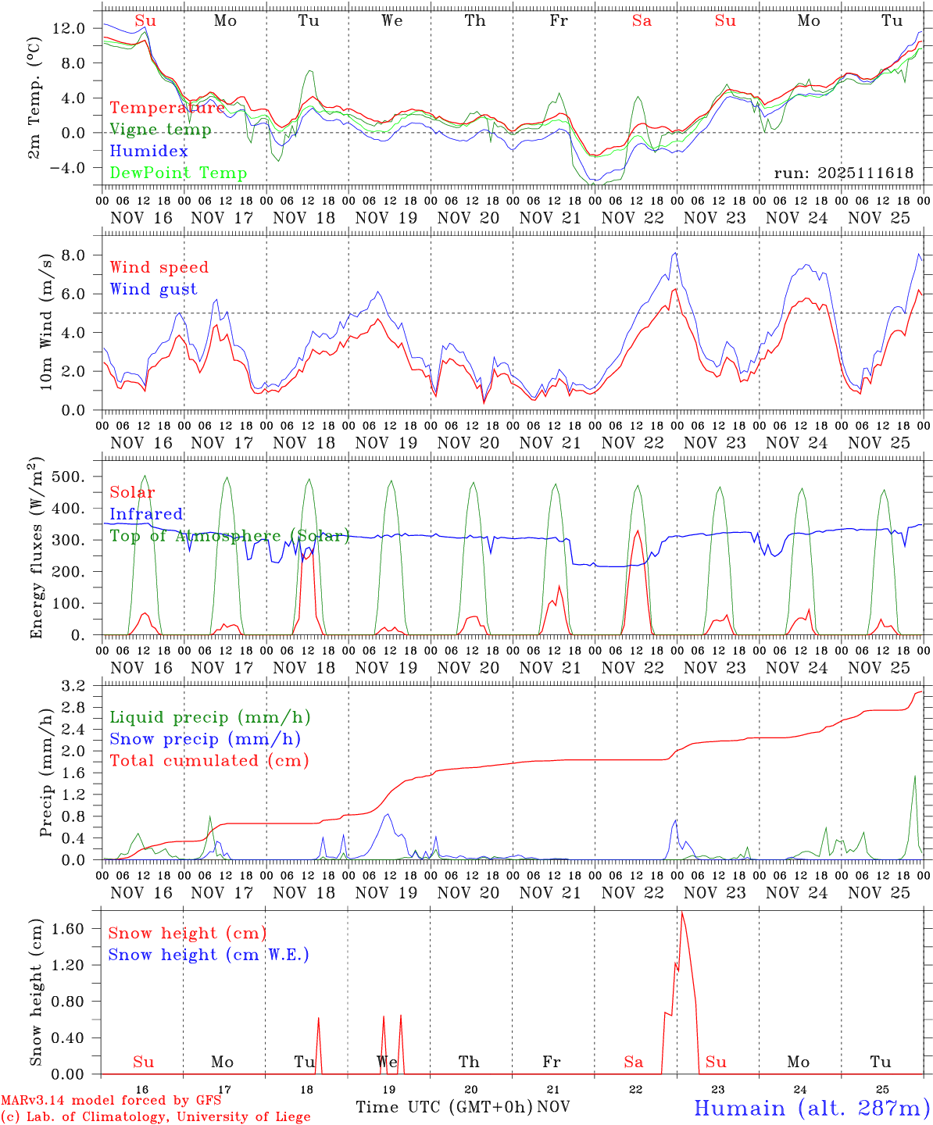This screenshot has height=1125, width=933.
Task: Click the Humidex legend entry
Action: (149, 152)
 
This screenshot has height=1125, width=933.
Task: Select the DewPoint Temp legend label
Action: (178, 173)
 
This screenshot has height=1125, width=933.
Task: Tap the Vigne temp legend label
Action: (160, 130)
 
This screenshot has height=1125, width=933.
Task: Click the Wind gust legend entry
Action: (153, 289)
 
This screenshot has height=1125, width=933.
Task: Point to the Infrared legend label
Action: (146, 514)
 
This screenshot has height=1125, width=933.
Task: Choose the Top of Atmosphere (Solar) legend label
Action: (230, 536)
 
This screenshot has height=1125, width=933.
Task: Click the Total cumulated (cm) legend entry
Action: (209, 760)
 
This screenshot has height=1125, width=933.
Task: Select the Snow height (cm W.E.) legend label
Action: (209, 955)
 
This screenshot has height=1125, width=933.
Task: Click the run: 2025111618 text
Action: (843, 173)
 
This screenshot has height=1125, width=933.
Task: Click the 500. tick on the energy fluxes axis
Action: (68, 477)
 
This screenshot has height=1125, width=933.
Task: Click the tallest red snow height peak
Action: (681, 912)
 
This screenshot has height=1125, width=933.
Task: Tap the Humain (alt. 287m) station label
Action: (811, 1108)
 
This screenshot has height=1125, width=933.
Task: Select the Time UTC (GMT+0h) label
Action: (444, 1107)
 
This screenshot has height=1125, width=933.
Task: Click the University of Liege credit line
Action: (155, 1116)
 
